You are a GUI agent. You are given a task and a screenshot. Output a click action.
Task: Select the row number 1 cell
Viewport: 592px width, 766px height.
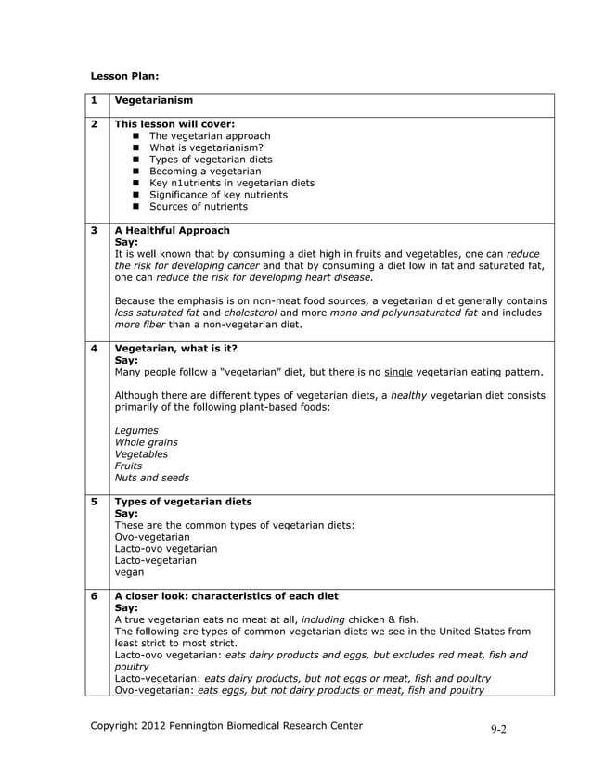pos(95,100)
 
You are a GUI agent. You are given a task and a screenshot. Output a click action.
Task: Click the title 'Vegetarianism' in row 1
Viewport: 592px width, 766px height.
pos(153,100)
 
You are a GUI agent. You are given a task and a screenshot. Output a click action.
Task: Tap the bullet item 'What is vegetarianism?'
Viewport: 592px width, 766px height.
pos(206,147)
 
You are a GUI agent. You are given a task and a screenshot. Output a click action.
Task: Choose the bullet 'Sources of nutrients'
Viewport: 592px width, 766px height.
pos(200,207)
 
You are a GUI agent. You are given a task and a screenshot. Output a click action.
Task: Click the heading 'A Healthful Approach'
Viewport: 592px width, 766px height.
pos(172,230)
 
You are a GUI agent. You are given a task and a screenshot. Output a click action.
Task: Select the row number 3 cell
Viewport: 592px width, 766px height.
pos(95,230)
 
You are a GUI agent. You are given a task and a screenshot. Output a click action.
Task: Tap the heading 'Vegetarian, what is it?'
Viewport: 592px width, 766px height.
pos(175,349)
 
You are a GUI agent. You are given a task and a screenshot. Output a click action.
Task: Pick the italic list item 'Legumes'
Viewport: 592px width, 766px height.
pos(135,430)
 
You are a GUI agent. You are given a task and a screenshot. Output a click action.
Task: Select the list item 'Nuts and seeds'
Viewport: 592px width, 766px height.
pos(151,478)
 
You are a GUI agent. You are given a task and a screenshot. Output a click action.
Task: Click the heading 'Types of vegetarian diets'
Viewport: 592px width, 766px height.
pos(182,502)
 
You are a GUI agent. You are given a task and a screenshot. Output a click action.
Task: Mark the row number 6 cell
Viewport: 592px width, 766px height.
pos(95,596)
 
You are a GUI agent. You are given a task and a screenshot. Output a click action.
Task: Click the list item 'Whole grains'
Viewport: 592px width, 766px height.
pos(146,442)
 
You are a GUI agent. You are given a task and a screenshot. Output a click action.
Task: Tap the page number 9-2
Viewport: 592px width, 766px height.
pos(498,729)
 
